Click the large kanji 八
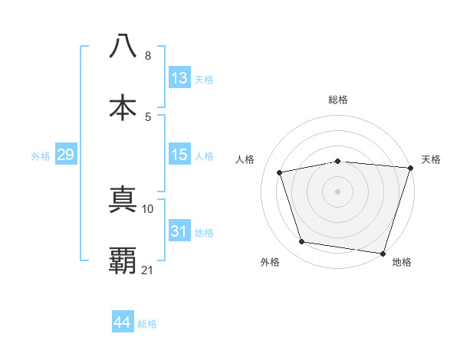(123, 47)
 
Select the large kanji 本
(123, 107)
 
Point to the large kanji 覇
(123, 260)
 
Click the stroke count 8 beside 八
(148, 56)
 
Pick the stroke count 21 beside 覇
(148, 270)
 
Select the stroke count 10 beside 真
(148, 208)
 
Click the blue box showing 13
(179, 78)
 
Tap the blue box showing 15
(179, 155)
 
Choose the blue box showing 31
(179, 231)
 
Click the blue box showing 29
(65, 155)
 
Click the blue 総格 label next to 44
(147, 324)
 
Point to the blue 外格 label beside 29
(41, 156)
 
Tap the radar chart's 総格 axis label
(338, 100)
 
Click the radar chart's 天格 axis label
(431, 159)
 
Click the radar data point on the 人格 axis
(280, 172)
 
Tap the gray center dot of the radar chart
(338, 191)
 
